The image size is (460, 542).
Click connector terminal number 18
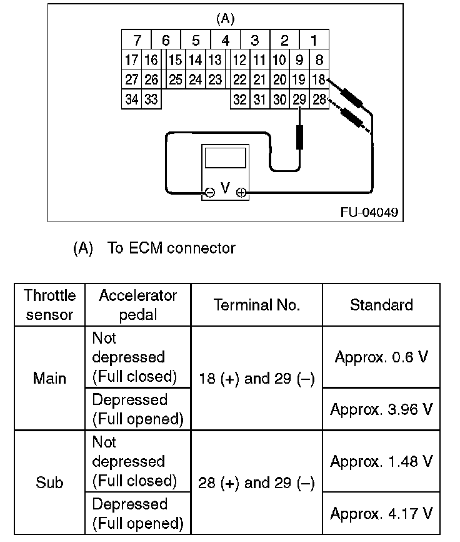point(318,79)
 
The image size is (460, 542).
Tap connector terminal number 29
point(299,100)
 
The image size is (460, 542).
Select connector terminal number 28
point(318,100)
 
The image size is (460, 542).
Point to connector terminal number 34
point(131,100)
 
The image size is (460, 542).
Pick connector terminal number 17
point(131,60)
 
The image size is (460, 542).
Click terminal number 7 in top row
point(137,41)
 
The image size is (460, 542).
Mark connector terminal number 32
point(239,100)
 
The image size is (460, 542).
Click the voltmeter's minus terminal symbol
point(210,193)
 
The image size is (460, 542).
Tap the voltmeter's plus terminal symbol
point(241,193)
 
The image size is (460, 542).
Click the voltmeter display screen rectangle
point(224,158)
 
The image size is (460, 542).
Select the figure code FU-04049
point(369,213)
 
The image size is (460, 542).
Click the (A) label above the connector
point(225,19)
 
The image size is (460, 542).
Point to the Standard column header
point(381,305)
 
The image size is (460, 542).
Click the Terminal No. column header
point(257,305)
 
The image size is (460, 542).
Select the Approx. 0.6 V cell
point(381,357)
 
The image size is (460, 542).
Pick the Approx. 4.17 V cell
point(381,514)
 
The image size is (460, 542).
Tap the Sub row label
point(49,483)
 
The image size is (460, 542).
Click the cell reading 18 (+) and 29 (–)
point(257,379)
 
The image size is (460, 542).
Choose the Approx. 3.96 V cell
point(381,409)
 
